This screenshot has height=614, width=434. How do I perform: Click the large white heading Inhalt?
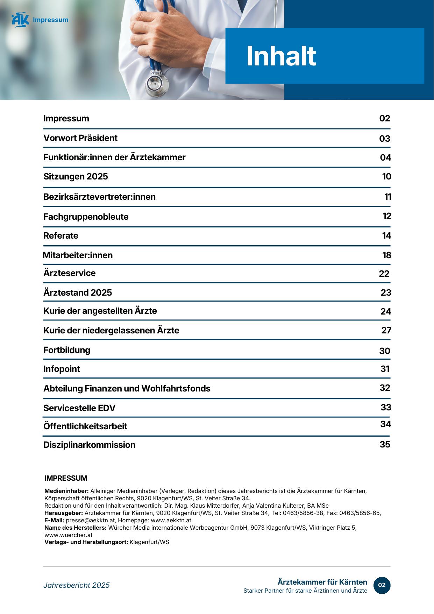[281, 56]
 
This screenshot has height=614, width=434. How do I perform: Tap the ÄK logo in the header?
[20, 20]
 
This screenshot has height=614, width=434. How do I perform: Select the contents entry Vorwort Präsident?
[80, 138]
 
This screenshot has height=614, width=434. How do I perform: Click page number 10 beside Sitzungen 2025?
[386, 176]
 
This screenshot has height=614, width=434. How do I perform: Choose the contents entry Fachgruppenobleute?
[86, 217]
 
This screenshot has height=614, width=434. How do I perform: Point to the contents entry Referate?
[61, 235]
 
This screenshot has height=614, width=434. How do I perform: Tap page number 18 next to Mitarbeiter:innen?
[386, 255]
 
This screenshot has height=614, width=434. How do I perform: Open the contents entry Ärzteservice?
[69, 273]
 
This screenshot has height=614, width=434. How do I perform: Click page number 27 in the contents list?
[386, 330]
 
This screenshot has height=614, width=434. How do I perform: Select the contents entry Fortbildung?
[67, 350]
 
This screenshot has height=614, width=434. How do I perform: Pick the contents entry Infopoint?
[62, 369]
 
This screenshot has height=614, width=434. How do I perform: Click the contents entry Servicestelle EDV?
[79, 408]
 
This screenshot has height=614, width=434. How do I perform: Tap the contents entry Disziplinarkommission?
[89, 445]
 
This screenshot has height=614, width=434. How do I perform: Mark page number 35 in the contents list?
[385, 444]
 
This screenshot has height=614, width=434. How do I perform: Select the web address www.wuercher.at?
[68, 535]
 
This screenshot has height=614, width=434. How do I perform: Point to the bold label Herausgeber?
[64, 513]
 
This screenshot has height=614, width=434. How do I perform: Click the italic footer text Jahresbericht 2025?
[76, 585]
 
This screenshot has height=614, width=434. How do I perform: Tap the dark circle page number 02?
[382, 585]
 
